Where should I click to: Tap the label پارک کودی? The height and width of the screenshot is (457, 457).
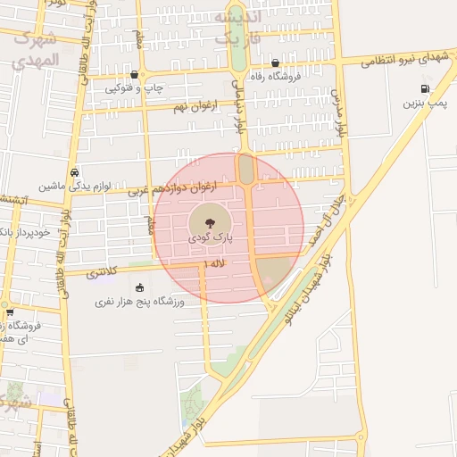click(x=210, y=239)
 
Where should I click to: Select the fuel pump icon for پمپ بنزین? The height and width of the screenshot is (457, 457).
click(x=424, y=88)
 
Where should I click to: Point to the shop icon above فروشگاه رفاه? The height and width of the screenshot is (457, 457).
click(x=275, y=63)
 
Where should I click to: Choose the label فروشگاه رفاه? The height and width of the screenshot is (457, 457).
click(x=275, y=76)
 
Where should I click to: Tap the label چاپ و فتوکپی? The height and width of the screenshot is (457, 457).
click(x=133, y=87)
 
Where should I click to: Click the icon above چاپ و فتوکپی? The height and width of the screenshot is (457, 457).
click(x=134, y=75)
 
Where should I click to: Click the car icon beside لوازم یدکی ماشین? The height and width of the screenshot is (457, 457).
click(x=74, y=173)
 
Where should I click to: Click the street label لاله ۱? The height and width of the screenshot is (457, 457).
click(x=215, y=264)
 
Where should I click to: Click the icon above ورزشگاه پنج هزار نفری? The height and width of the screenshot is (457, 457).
click(x=139, y=287)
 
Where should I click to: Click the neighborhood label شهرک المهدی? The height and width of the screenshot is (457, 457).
click(x=36, y=50)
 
